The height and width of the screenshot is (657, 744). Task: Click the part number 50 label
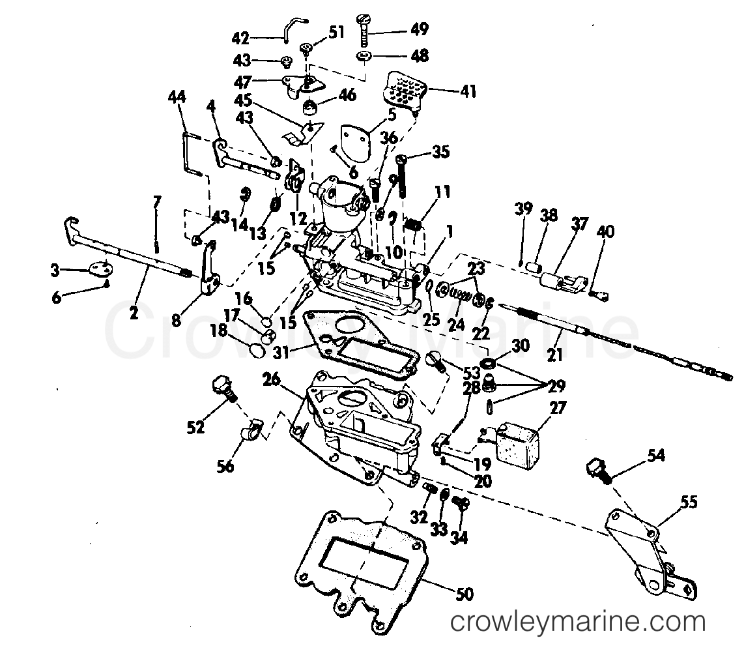point(465,594)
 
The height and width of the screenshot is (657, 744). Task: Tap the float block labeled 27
point(519,444)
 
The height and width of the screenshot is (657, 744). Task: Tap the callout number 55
point(689,502)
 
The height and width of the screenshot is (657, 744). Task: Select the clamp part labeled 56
point(250,428)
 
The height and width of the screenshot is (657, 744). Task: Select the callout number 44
point(177,98)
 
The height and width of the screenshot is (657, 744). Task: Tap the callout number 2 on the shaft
point(134,313)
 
